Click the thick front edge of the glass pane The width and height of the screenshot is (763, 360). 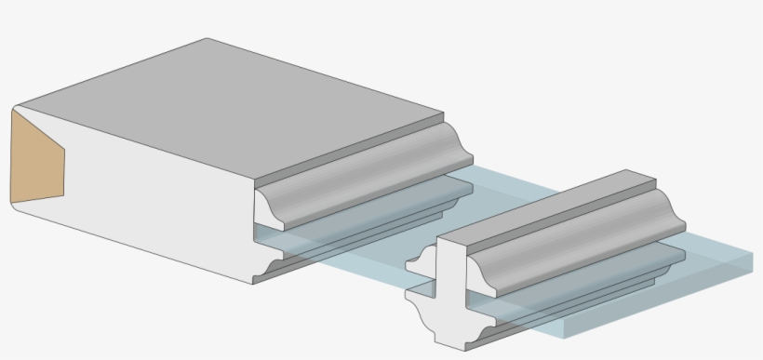[x=651, y=298]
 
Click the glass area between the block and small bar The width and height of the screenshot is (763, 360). [x=372, y=265]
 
